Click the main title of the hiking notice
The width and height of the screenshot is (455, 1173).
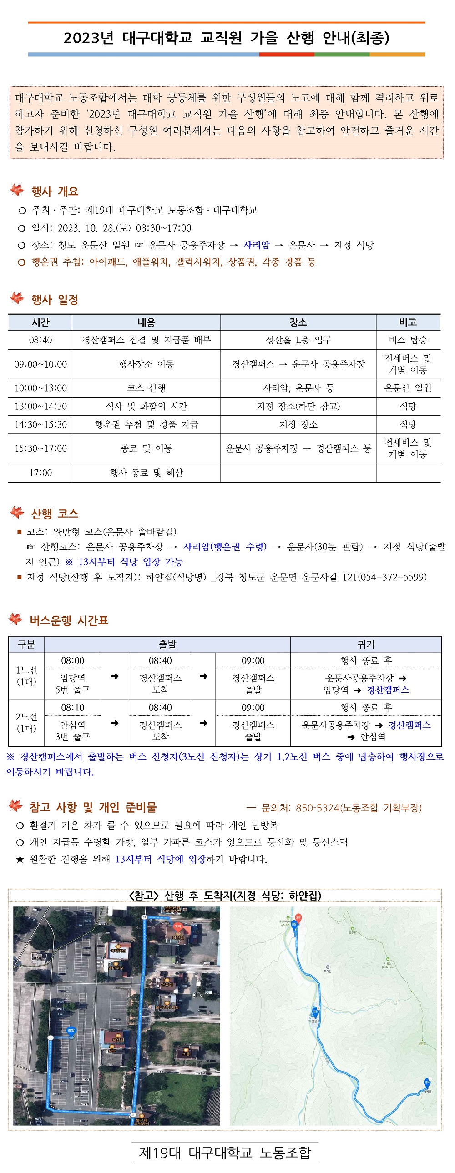tap(226, 38)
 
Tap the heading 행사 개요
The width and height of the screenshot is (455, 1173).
tap(55, 191)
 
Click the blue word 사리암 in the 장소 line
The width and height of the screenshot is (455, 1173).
tap(257, 245)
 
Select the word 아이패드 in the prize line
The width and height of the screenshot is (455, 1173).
tap(108, 262)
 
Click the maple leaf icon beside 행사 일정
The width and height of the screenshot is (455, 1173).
tap(17, 298)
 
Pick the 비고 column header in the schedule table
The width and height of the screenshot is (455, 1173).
tap(408, 322)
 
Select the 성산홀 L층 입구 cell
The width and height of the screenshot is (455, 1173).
tap(298, 340)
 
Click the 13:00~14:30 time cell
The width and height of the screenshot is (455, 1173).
tap(40, 406)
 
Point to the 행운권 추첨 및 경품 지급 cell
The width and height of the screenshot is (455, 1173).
tap(146, 424)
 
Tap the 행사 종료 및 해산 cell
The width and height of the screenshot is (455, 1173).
tap(146, 473)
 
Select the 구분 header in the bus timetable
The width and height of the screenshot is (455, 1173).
tap(26, 644)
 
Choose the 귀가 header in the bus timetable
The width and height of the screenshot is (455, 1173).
tap(366, 644)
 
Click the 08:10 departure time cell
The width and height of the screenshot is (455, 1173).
tap(72, 707)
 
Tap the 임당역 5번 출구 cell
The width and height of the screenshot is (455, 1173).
tap(72, 684)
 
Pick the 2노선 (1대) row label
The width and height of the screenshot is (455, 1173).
tap(26, 722)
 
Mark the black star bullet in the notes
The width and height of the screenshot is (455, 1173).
tap(20, 859)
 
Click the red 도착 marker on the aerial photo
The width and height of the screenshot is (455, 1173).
tap(177, 926)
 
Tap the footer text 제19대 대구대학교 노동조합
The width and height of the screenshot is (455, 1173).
tap(225, 1153)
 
